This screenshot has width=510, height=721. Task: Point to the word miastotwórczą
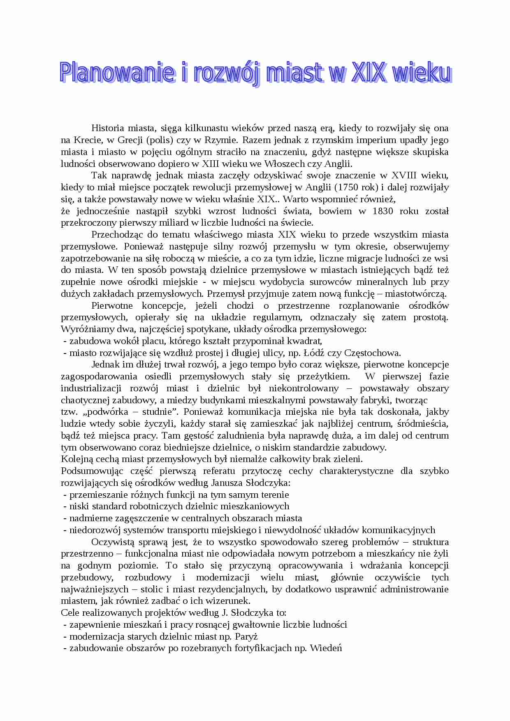click(x=416, y=294)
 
